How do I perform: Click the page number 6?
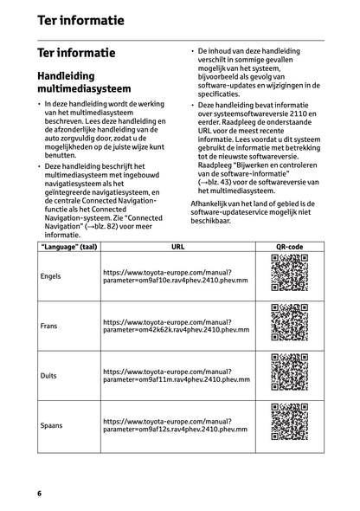[x=39, y=493]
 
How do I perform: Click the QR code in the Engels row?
[x=288, y=275]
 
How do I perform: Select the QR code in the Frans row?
[x=288, y=326]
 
